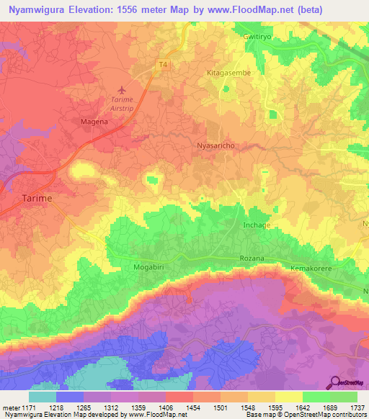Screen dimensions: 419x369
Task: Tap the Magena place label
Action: pyautogui.click(x=93, y=122)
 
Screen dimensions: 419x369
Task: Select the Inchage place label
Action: pyautogui.click(x=257, y=225)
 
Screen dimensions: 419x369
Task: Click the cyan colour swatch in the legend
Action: pyautogui.click(x=43, y=396)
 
